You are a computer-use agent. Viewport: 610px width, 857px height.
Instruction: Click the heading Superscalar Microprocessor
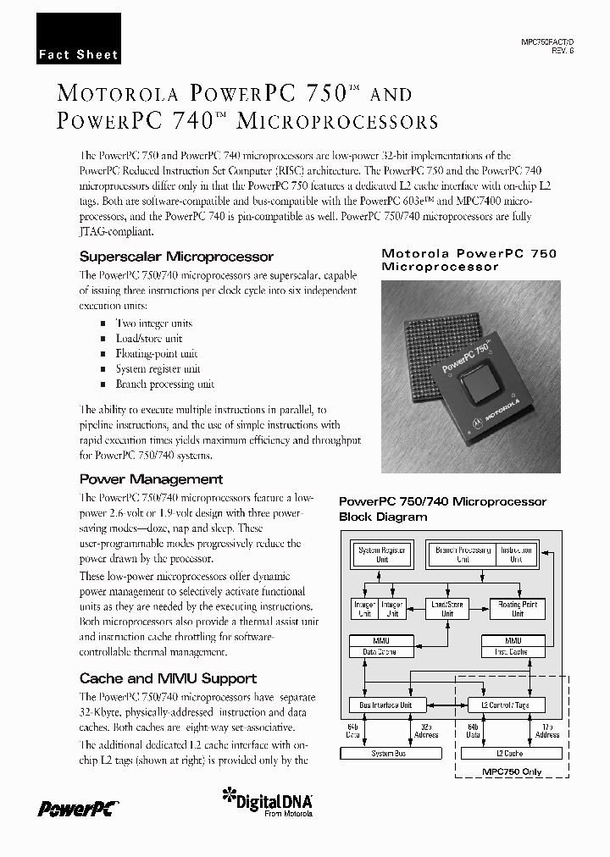pos(176,256)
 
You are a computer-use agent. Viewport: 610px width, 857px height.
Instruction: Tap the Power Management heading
pos(151,479)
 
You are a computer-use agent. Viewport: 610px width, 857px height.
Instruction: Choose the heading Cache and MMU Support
pos(168,678)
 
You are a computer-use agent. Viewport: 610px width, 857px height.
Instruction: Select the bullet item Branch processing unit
pos(164,384)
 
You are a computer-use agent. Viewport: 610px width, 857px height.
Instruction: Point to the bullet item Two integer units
pos(153,323)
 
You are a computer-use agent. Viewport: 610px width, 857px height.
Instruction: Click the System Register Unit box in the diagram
pos(381,555)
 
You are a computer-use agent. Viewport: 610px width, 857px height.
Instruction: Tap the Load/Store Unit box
pos(446,608)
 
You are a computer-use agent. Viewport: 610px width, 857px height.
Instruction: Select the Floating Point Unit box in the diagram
pos(517,608)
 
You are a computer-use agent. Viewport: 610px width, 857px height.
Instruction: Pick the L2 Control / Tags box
pos(507,705)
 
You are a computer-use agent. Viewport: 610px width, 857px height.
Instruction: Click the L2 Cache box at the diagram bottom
pos(507,753)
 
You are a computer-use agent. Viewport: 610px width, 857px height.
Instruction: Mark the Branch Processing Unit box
pos(463,555)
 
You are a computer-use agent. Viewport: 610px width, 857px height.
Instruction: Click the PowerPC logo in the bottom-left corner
pos(76,808)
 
